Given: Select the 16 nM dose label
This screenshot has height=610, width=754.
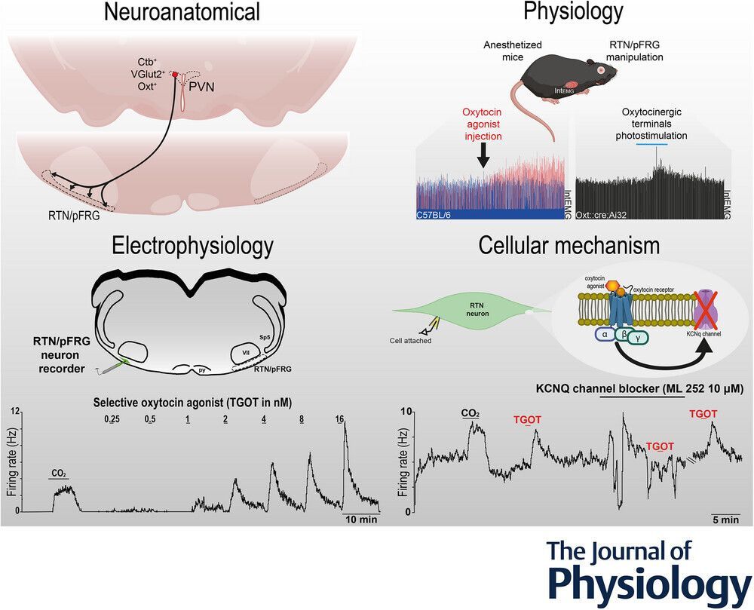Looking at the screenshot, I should pyautogui.click(x=340, y=418).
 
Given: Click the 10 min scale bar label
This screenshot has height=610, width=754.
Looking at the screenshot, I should pyautogui.click(x=361, y=520).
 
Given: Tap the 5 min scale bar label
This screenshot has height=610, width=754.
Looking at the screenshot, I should pyautogui.click(x=725, y=520).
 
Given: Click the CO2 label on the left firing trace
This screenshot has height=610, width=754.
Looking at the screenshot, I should pyautogui.click(x=59, y=474).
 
